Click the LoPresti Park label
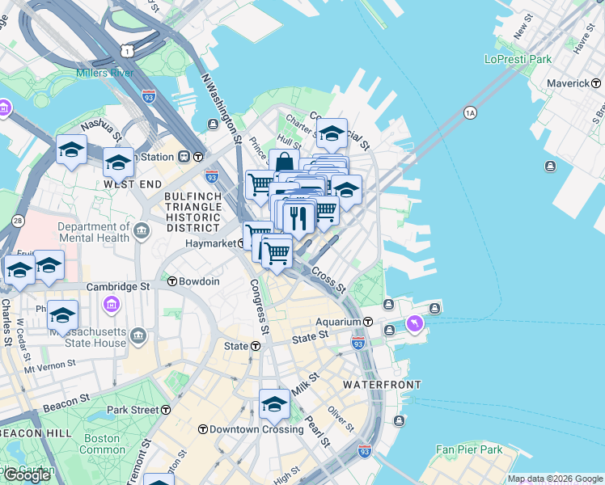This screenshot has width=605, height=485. point(518,59)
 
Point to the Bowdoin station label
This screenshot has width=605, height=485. point(199,281)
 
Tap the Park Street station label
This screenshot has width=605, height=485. point(133,410)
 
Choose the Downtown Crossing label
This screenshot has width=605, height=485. point(256,429)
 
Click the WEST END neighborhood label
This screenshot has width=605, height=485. point(129,184)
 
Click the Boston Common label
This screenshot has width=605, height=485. point(102,444)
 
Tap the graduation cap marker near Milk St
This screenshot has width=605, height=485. point(274,403)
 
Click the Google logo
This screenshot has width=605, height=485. point(27,475)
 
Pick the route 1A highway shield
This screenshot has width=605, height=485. point(470,112)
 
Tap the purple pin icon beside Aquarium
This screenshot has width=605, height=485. point(415,323)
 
